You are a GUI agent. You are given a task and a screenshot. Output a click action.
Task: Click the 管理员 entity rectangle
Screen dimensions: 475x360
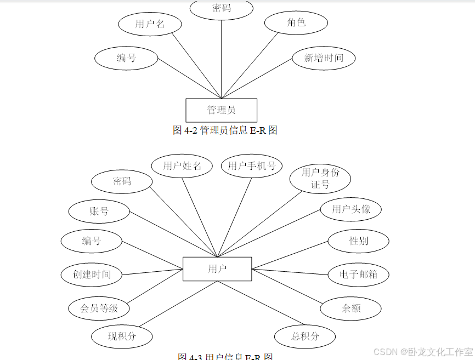pyautogui.click(x=221, y=110)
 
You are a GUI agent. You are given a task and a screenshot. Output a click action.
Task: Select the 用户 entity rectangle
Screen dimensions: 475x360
pyautogui.click(x=217, y=269)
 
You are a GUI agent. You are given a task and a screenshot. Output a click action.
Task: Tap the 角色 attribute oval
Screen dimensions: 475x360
pyautogui.click(x=296, y=22)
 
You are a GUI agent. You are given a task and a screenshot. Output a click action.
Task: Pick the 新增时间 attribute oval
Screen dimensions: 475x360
pyautogui.click(x=324, y=58)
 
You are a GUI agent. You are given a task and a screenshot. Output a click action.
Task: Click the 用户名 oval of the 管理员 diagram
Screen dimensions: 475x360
pyautogui.click(x=150, y=24)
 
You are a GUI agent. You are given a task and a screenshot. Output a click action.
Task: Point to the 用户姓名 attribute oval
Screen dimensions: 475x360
pyautogui.click(x=183, y=165)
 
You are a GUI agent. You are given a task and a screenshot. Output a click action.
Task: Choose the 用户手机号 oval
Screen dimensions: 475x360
pyautogui.click(x=251, y=165)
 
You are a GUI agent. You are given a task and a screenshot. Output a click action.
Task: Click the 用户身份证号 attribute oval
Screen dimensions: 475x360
pyautogui.click(x=320, y=178)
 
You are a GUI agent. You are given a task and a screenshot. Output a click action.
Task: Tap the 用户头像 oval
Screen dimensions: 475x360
pyautogui.click(x=350, y=209)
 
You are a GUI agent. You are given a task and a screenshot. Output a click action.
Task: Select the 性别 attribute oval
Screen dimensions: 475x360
pyautogui.click(x=358, y=241)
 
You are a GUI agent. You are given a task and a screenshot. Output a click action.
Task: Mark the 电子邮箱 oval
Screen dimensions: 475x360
pyautogui.click(x=358, y=275)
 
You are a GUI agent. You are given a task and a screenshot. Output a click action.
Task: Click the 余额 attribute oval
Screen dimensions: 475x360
pyautogui.click(x=350, y=308)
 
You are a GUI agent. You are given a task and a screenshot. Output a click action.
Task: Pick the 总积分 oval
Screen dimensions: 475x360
pyautogui.click(x=305, y=336)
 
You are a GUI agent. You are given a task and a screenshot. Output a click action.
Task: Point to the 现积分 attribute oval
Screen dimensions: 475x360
pyautogui.click(x=122, y=336)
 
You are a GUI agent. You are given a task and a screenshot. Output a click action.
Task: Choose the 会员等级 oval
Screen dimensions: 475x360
pyautogui.click(x=99, y=308)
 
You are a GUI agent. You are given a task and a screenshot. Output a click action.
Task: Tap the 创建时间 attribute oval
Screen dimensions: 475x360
pyautogui.click(x=92, y=274)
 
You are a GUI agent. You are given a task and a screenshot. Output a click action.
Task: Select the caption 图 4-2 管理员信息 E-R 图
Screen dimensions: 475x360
pyautogui.click(x=225, y=130)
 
